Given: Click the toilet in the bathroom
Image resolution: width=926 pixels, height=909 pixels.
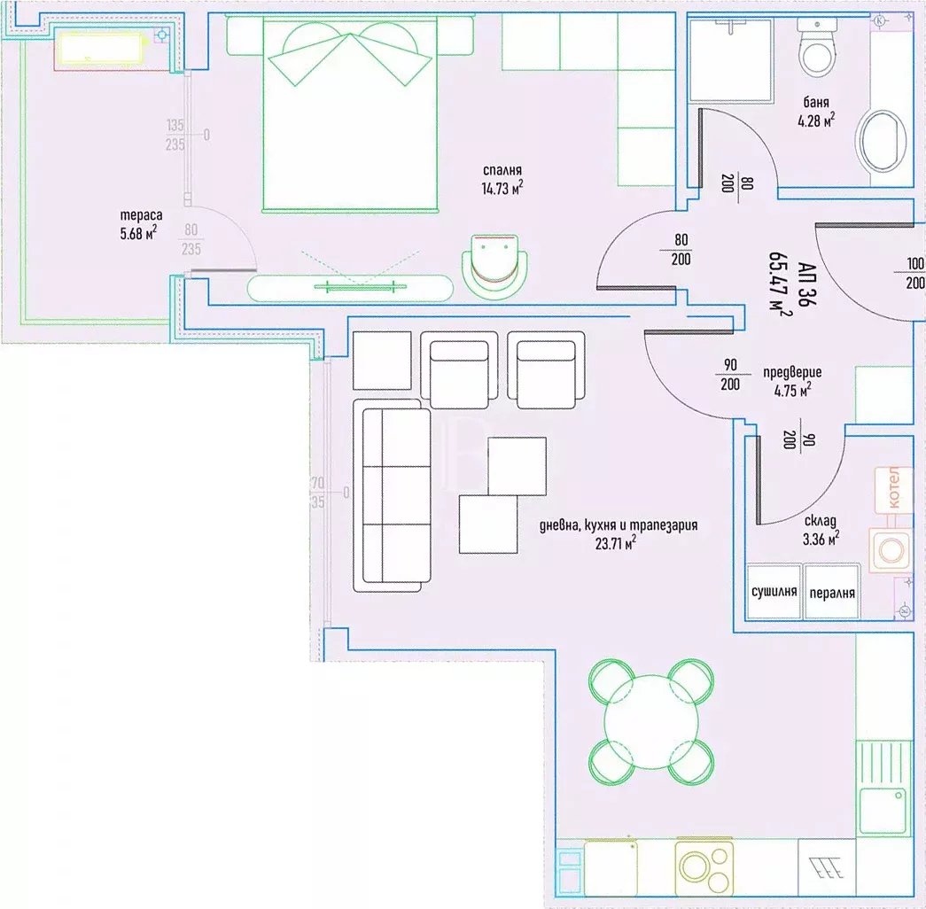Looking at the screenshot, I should pyautogui.click(x=816, y=50).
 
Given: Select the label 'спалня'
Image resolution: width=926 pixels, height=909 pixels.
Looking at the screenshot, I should pyautogui.click(x=502, y=171).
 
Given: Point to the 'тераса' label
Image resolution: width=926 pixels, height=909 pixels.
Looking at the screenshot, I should pyautogui.click(x=138, y=215).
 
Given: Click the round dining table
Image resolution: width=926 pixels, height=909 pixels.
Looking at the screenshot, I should pyautogui.click(x=651, y=721).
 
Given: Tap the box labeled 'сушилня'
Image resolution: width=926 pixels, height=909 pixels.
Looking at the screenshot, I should pyautogui.click(x=774, y=592).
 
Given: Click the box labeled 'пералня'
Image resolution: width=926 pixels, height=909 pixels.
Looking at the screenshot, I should pyautogui.click(x=832, y=592).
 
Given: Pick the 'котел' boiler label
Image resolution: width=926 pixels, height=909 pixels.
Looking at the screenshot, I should pyautogui.click(x=893, y=488).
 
